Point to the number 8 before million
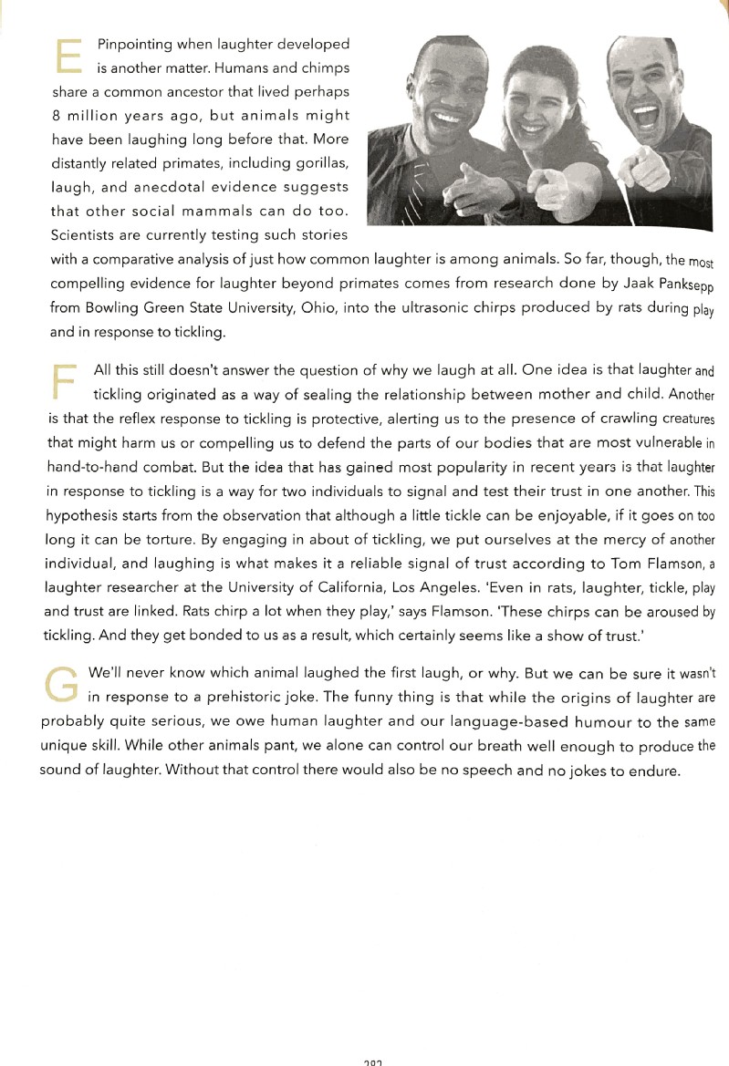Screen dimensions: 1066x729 click(x=57, y=116)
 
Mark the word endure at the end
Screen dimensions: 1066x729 click(x=657, y=770)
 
